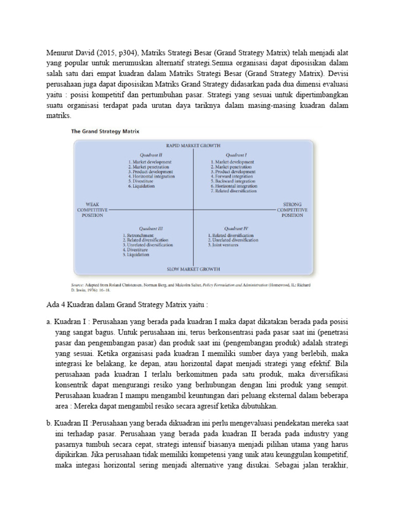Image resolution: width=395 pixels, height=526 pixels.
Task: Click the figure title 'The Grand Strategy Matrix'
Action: (x=104, y=131)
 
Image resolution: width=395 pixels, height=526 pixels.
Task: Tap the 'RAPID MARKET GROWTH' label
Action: (x=193, y=146)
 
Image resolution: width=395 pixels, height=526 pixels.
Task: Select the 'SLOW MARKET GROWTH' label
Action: (x=193, y=269)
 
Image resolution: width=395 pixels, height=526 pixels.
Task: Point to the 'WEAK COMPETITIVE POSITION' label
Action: (x=93, y=210)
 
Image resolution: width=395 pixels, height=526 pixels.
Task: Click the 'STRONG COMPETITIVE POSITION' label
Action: (x=292, y=210)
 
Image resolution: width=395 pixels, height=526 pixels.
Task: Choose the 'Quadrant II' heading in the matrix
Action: (x=151, y=154)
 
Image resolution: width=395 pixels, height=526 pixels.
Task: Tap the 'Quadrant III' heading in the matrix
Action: (x=151, y=228)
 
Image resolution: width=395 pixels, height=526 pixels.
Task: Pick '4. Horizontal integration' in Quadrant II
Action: (x=152, y=176)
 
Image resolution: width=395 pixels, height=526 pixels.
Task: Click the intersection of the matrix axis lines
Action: (x=193, y=210)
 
